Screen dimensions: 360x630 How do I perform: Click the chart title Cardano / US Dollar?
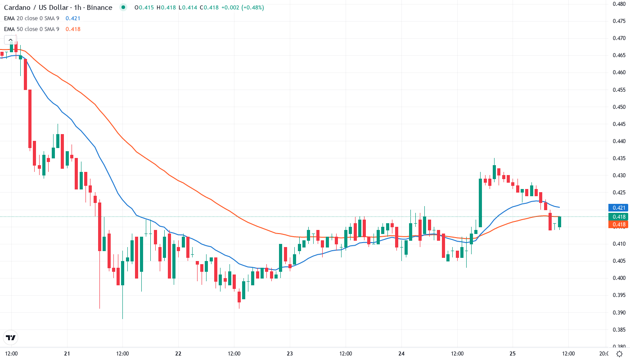click(36, 8)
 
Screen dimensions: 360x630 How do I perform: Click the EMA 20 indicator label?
click(31, 18)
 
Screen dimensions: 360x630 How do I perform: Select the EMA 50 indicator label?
click(31, 29)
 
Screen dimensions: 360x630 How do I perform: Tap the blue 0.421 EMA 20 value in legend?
click(73, 18)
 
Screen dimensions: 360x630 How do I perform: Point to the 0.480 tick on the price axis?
click(619, 4)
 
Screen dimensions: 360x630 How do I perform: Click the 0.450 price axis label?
click(619, 107)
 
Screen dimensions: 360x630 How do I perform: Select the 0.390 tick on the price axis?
click(619, 312)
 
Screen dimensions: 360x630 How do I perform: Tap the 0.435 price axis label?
click(619, 158)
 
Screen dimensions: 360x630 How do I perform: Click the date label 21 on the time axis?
click(67, 353)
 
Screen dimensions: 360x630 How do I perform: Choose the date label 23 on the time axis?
click(289, 353)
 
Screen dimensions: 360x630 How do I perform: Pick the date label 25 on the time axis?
click(513, 353)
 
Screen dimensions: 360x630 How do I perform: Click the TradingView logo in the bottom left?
click(11, 337)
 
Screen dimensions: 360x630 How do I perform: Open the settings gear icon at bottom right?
click(620, 353)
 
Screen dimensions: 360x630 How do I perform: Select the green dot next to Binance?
click(123, 8)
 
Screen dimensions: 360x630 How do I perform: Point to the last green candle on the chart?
click(559, 222)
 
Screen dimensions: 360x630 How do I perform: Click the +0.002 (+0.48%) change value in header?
click(245, 8)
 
